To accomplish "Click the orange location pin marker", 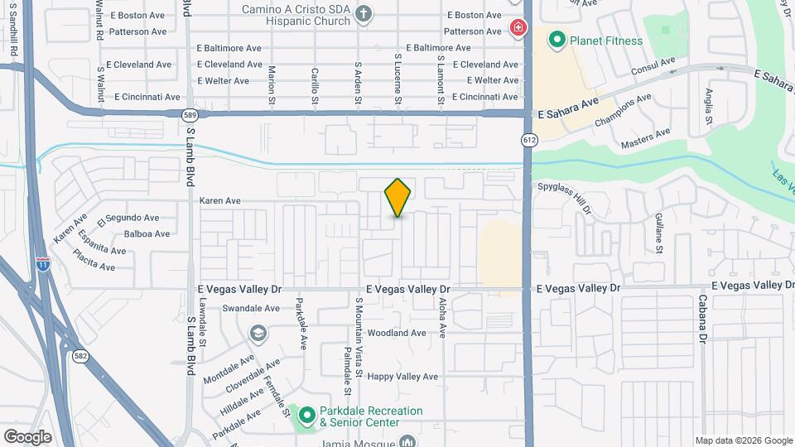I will tap(397, 197).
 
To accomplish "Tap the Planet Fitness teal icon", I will tap(556, 39).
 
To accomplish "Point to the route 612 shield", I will tap(528, 140).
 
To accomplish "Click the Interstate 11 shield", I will tap(42, 264).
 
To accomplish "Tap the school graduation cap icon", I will tap(258, 333).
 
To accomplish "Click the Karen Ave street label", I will tap(220, 200).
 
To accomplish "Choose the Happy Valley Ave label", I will tap(402, 377).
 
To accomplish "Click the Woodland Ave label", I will tap(397, 333).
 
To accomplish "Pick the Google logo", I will tap(27, 436).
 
